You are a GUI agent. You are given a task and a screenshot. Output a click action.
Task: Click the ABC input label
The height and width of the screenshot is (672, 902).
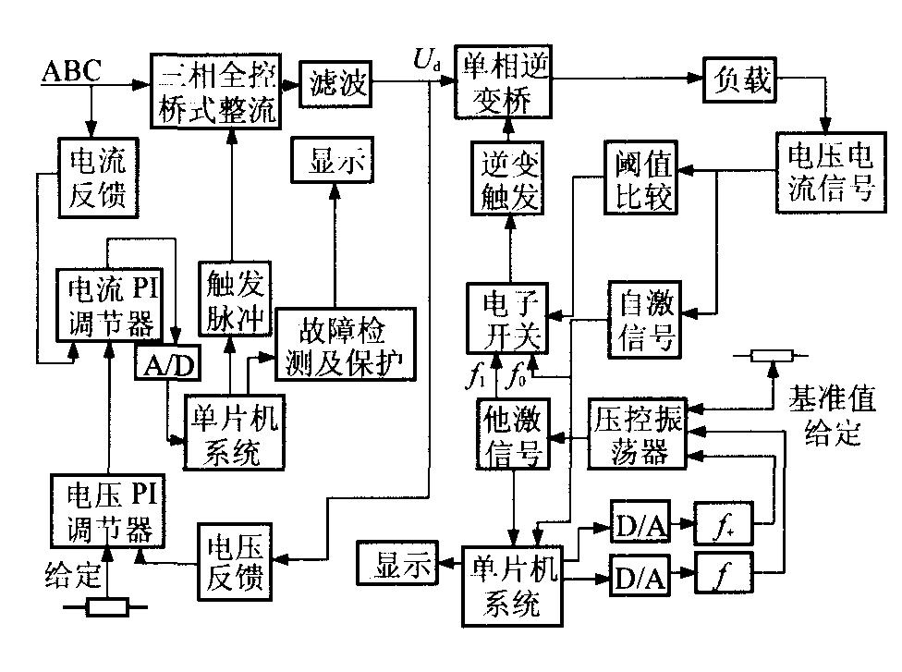pyautogui.click(x=71, y=71)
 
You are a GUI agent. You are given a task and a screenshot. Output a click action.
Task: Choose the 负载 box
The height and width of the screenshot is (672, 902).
pyautogui.click(x=740, y=80)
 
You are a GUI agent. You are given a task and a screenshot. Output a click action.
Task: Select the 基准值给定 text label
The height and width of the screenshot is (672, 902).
pyautogui.click(x=830, y=416)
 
